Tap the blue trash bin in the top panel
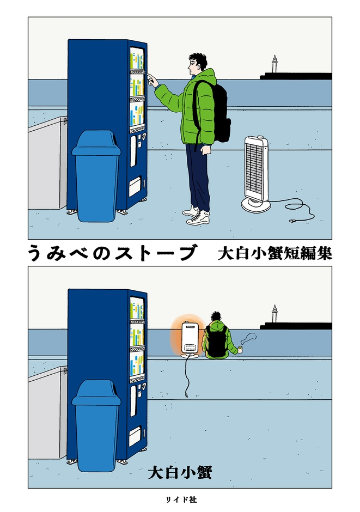96,177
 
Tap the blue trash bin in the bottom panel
96,428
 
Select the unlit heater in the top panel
256,173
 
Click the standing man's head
197,64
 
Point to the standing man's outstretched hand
151,81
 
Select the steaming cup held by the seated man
239,350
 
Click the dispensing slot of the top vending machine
135,187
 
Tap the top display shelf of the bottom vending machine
137,309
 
